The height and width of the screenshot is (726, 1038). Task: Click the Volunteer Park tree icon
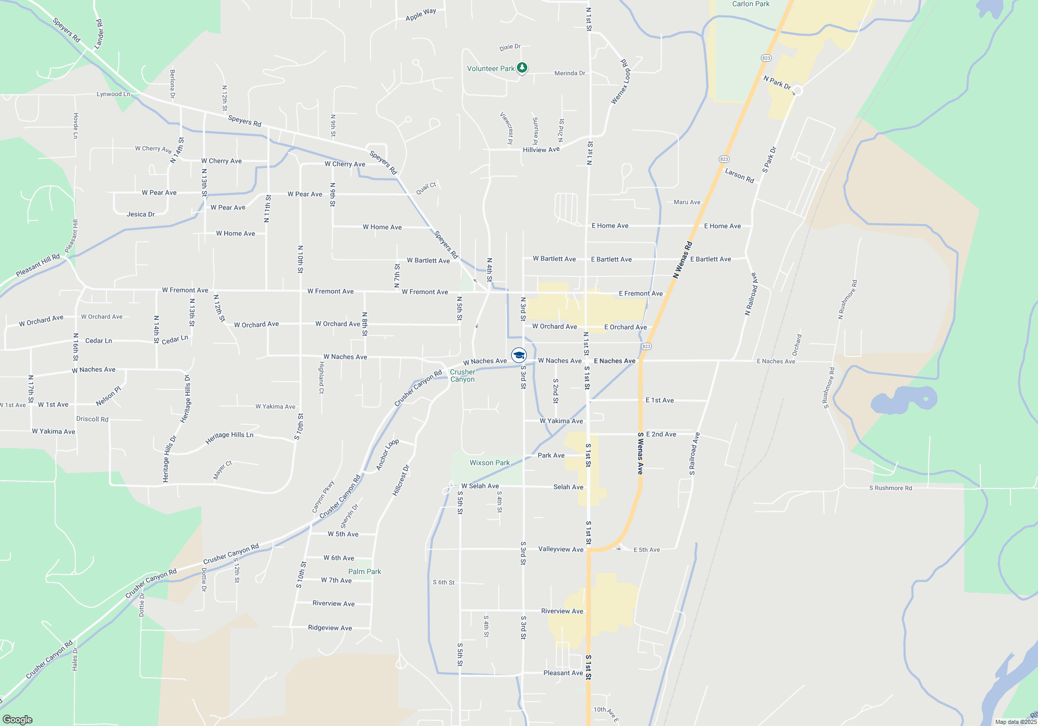pos(522,68)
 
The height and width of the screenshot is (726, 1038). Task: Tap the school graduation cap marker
pos(519,355)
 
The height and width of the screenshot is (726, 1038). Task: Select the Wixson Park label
pos(489,463)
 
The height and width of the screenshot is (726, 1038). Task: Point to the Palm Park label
pos(364,571)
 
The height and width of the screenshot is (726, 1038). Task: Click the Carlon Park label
pos(750,4)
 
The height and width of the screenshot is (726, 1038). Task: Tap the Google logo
pos(17,719)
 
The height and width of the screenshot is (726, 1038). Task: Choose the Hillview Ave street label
pos(541,150)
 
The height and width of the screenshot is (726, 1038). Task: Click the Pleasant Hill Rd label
pos(37,265)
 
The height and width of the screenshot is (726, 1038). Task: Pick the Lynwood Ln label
pos(113,94)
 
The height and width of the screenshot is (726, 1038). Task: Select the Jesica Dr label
pos(141,214)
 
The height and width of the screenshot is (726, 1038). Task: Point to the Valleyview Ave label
pos(561,549)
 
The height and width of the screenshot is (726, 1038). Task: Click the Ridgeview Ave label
pos(330,627)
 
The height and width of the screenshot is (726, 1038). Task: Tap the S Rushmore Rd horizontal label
pos(890,488)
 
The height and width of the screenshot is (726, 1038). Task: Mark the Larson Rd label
pos(739,175)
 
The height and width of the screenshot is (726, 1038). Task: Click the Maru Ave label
pos(687,202)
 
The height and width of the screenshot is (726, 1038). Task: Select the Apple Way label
pos(421,14)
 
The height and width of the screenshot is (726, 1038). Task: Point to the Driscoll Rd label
pos(92,419)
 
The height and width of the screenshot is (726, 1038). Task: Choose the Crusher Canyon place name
pos(462,375)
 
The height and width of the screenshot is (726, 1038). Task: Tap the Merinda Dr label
pos(569,73)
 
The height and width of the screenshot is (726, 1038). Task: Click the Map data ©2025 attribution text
pos(1015,722)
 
